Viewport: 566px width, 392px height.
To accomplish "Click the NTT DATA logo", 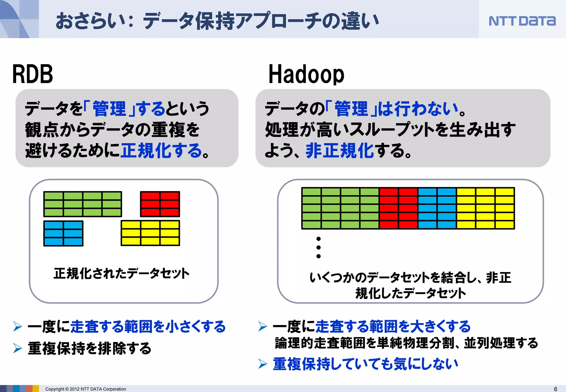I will pos(522,21).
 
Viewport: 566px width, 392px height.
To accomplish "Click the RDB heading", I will pos(33,74).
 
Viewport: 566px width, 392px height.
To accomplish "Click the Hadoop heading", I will pos(306,74).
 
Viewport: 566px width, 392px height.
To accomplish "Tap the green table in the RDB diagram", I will pos(82,204).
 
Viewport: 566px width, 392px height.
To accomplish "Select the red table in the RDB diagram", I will pos(160,204).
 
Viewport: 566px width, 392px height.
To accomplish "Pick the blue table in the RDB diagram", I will pos(63,233).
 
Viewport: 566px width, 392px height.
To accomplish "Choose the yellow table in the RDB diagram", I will pos(150,233).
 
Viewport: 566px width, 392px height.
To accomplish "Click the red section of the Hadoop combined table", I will pos(398,208).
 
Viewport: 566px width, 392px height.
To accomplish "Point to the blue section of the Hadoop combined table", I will pos(437,208).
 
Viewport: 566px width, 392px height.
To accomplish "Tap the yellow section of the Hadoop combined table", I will pos(485,208).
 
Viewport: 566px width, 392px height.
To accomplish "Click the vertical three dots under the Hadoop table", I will pos(318,247).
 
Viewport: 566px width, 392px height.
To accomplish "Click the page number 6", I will pos(555,389).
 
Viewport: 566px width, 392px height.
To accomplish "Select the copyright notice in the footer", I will pos(85,389).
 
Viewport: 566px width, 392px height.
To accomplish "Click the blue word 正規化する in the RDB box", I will pos(162,151).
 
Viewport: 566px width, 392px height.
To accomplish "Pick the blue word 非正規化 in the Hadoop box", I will pos(339,151).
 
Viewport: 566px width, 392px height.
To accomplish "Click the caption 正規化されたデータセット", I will pos(122,273).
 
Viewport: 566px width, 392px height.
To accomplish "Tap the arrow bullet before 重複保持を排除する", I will pos(18,348).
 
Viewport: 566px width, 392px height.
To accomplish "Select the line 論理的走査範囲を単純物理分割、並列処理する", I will pos(406,343).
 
